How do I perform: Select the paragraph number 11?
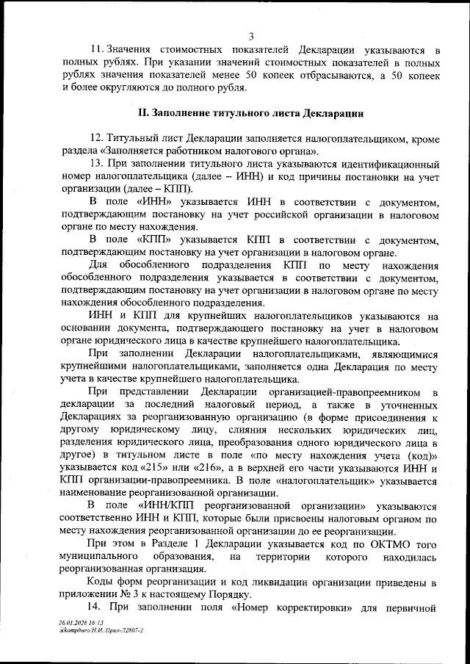click(96, 49)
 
